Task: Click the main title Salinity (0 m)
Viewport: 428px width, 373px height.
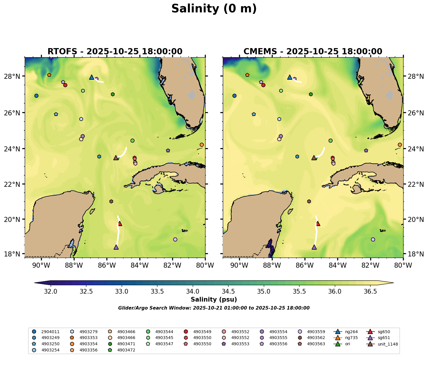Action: click(x=214, y=9)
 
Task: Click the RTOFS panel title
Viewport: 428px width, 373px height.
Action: click(x=115, y=51)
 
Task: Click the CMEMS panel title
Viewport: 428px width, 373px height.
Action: click(x=313, y=51)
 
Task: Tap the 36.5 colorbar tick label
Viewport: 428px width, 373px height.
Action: click(x=371, y=292)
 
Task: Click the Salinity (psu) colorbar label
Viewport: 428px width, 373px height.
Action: click(x=214, y=300)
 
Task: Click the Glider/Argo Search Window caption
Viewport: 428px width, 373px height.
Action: click(x=214, y=308)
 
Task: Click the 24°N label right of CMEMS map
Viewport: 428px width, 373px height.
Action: click(x=415, y=148)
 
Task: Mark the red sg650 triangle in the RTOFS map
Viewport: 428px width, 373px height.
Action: click(x=120, y=223)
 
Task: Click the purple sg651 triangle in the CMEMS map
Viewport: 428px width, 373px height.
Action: click(x=314, y=247)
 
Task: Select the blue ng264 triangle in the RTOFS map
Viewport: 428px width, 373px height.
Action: click(x=91, y=77)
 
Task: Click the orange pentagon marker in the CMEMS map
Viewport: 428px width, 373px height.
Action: click(x=247, y=75)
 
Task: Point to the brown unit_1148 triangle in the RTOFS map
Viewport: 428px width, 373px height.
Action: click(x=116, y=158)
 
